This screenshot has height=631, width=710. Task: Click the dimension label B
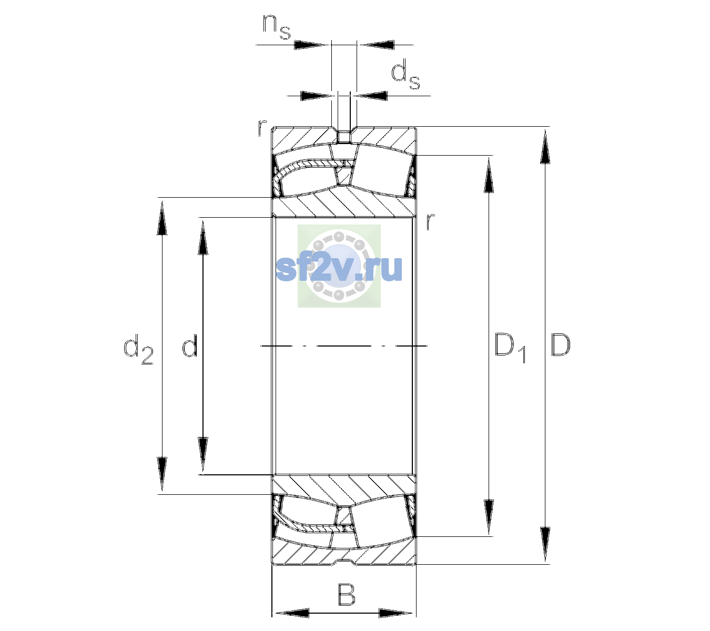[x=346, y=594]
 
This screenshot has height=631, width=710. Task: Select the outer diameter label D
[x=560, y=345]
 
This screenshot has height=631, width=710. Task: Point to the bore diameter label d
[x=189, y=345]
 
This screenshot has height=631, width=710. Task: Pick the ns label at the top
[x=277, y=27]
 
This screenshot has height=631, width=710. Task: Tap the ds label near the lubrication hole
[x=405, y=75]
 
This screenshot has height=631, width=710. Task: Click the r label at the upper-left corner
[x=262, y=128]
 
